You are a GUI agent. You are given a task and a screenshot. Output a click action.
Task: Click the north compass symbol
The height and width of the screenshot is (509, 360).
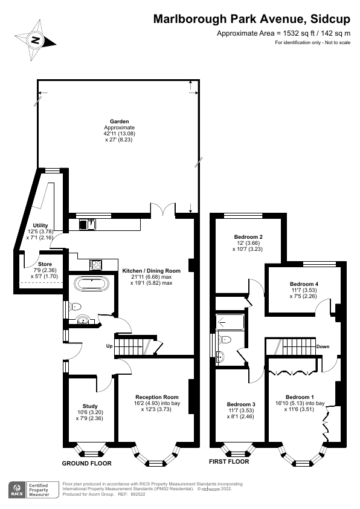pyautogui.click(x=36, y=41)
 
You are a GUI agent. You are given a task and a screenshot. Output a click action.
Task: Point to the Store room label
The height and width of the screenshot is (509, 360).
pyautogui.click(x=45, y=265)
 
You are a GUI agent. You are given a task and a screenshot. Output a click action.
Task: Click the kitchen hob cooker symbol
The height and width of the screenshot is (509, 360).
pyautogui.click(x=95, y=264)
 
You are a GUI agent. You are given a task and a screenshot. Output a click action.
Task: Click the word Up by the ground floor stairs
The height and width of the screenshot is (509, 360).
pyautogui.click(x=109, y=346)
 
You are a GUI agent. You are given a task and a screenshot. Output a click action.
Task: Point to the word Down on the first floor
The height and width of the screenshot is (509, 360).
pyautogui.click(x=323, y=347)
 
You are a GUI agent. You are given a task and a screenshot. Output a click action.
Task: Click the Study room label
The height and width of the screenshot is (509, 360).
pyautogui.click(x=89, y=406)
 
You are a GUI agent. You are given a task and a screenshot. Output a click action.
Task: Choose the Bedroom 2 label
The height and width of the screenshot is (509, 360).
pyautogui.click(x=248, y=236)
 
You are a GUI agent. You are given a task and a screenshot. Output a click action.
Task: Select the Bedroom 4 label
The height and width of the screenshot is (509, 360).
pyautogui.click(x=304, y=284)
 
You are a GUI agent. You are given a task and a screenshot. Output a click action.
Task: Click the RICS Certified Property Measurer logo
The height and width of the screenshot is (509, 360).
pyautogui.click(x=33, y=489)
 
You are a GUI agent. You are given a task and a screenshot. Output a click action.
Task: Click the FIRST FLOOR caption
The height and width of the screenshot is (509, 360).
pyautogui.click(x=229, y=461)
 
